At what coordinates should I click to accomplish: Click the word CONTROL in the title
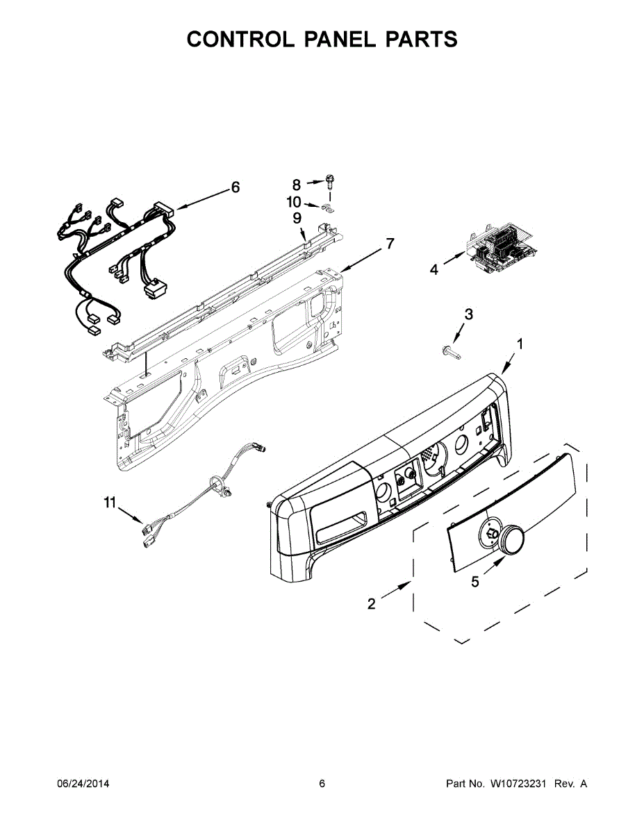[240, 39]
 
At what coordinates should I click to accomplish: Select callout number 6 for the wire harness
[235, 187]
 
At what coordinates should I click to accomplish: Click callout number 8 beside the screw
[297, 185]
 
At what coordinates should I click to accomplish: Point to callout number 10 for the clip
[294, 202]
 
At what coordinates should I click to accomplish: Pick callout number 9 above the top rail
[297, 218]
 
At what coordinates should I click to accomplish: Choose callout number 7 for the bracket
[389, 244]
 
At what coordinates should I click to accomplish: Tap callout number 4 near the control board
[434, 270]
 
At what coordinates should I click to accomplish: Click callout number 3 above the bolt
[468, 314]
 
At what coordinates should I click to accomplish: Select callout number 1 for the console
[520, 344]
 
